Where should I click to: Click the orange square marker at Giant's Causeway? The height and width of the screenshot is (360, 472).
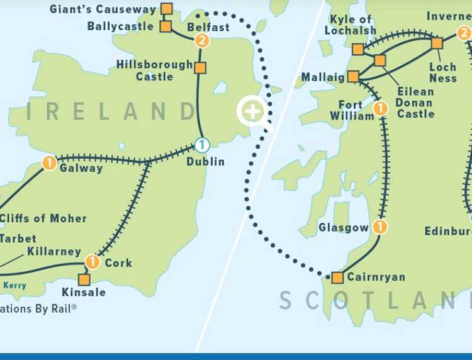(166, 9)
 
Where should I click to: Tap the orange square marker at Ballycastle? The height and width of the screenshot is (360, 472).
(166, 26)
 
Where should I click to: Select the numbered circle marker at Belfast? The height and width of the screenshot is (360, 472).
(202, 42)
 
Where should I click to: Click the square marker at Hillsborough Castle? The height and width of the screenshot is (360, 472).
(200, 68)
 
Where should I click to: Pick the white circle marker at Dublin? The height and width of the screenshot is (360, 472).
(201, 145)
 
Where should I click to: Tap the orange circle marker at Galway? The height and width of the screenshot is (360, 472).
(49, 163)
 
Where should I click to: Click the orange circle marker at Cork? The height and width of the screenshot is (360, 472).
(93, 262)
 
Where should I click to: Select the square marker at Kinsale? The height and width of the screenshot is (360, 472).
(84, 279)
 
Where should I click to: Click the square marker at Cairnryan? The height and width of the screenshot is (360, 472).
(337, 277)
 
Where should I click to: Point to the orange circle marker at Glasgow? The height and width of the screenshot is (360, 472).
(379, 227)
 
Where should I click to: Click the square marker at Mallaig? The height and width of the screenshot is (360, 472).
(353, 77)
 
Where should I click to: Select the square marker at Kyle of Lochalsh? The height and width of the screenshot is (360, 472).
(357, 49)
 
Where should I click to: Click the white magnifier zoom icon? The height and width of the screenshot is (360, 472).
(252, 113)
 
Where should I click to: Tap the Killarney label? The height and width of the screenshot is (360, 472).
(55, 252)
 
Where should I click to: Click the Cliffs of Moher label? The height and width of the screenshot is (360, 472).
(43, 218)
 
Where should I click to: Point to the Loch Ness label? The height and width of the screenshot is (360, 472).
(443, 72)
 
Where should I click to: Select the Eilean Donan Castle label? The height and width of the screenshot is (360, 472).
(415, 103)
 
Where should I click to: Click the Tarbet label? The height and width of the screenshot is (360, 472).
(18, 239)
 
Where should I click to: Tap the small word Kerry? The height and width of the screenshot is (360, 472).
(15, 285)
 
